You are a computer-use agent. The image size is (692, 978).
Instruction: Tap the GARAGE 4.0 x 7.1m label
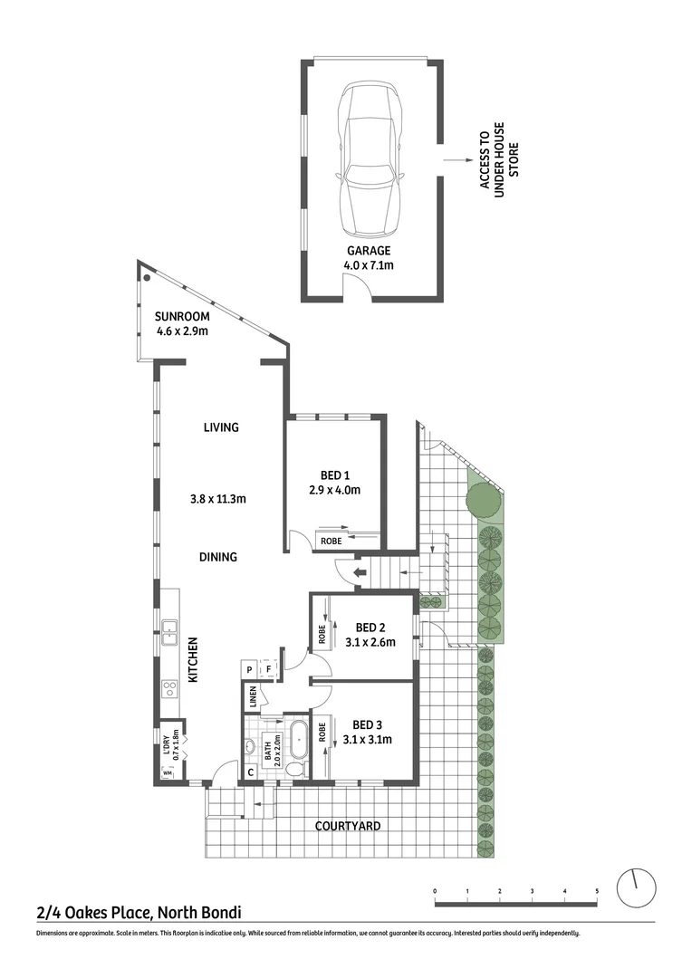tap(369, 258)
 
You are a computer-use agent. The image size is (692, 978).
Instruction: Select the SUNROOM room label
tap(182, 316)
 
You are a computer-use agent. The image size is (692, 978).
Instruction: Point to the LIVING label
tap(220, 427)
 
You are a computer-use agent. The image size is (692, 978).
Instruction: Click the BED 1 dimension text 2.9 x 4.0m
tap(335, 491)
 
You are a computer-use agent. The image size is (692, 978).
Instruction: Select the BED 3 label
tap(368, 724)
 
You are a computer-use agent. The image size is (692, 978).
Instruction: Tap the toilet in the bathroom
tap(293, 768)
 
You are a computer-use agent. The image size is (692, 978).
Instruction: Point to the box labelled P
tap(249, 670)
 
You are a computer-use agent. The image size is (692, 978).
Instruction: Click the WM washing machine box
tap(168, 772)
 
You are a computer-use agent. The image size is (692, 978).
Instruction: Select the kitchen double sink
tap(170, 631)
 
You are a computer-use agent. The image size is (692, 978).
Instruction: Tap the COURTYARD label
tap(347, 826)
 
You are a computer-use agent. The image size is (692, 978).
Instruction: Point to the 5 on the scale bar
tap(597, 892)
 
